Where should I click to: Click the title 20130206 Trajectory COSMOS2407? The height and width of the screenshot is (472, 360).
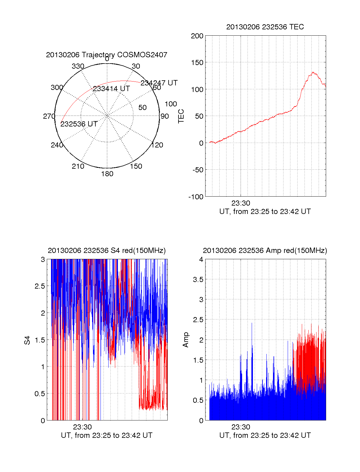coord(106,55)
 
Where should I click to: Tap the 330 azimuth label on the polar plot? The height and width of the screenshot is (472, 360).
coord(78,66)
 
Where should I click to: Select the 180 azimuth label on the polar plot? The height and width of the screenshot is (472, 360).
coord(107,174)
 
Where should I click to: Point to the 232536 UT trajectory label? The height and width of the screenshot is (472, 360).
coord(79,124)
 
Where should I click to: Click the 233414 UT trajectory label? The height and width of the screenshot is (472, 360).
coord(111,89)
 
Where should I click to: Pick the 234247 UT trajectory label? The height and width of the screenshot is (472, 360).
coord(159,83)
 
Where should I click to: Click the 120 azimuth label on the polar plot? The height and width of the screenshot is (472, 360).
coord(157,145)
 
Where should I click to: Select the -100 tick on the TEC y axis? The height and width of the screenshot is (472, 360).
coord(196,197)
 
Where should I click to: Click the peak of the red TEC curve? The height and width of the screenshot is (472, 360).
coord(313,72)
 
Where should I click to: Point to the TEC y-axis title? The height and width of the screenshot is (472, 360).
coord(181,116)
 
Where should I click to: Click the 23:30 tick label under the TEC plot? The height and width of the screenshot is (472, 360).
coord(241,203)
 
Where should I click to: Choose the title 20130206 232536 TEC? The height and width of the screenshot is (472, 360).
coord(265,27)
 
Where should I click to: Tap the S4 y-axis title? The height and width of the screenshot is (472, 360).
coord(27,340)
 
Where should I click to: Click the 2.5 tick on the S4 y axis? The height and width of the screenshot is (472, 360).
coord(40,286)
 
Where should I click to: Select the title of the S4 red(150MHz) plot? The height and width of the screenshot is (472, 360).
coord(106,251)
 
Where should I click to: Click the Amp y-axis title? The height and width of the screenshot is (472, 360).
coord(186,340)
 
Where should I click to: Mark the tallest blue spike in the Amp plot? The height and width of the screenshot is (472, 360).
coord(252,323)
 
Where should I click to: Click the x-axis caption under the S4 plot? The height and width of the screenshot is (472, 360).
coord(106,435)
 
